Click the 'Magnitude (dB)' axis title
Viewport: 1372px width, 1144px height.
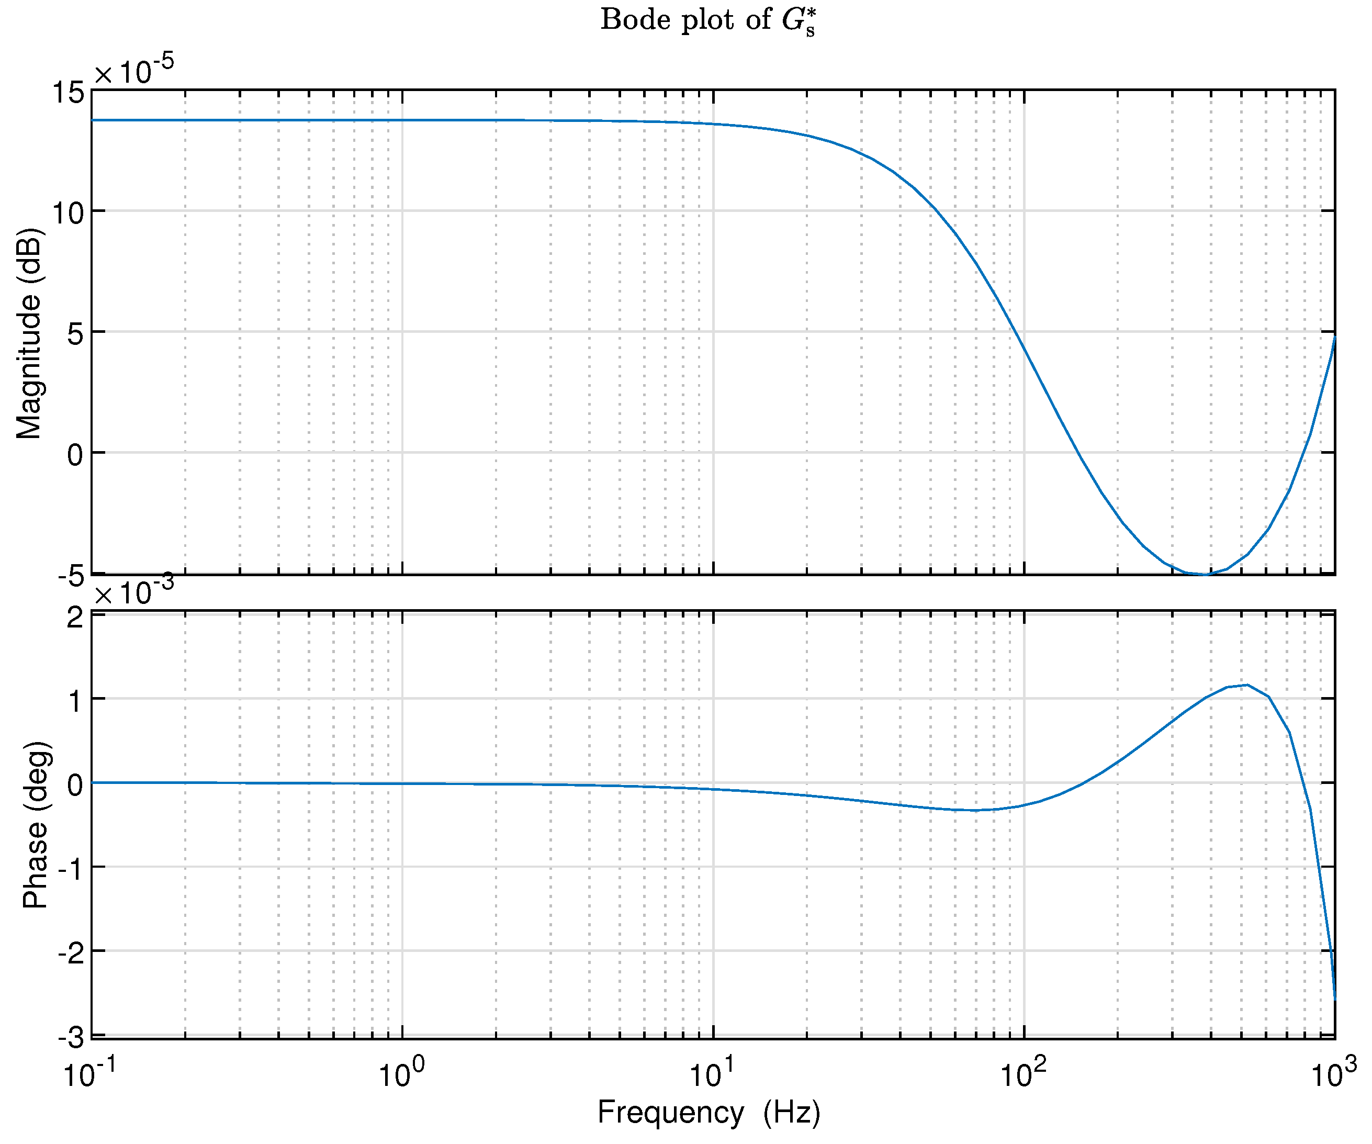click(x=29, y=333)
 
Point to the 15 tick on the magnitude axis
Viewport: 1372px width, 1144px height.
click(x=68, y=93)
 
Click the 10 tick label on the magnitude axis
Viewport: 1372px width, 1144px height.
click(x=68, y=213)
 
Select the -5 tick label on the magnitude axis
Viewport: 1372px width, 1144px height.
click(x=71, y=576)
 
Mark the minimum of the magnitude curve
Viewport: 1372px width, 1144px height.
click(x=1204, y=574)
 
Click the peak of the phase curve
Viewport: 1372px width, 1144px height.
click(x=1247, y=685)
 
